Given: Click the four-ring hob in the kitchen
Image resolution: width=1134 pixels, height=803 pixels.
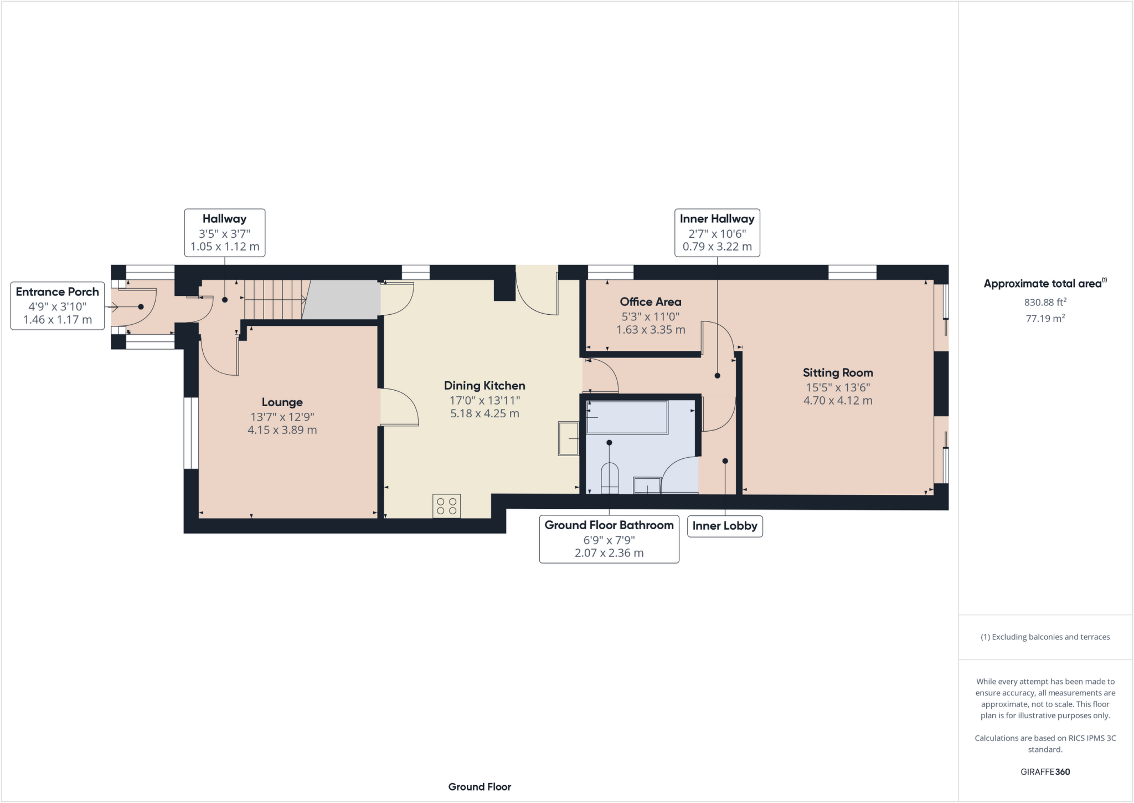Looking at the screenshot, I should [446, 506].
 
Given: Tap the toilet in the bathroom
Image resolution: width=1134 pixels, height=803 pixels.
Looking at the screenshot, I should [609, 478].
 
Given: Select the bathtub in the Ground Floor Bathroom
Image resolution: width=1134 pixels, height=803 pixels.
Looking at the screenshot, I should [627, 418].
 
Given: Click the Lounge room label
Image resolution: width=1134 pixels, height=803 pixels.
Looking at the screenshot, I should [282, 402].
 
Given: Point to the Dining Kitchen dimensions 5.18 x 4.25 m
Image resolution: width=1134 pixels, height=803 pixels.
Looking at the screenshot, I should [484, 413].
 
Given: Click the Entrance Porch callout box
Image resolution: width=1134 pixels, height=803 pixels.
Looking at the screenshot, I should [58, 305].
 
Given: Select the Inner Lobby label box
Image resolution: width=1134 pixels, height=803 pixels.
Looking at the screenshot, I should [724, 526].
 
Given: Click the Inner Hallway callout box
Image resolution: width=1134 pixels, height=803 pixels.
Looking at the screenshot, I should [717, 232].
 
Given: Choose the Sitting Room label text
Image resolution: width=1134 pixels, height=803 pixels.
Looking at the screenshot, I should [837, 373].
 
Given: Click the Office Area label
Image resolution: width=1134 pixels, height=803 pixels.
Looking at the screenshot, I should [650, 302].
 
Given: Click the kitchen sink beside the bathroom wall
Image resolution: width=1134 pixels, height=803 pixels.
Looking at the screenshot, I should [568, 438].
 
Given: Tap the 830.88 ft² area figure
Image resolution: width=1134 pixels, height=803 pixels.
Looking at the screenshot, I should [1044, 302].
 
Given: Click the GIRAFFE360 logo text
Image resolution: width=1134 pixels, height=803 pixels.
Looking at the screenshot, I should [1045, 771].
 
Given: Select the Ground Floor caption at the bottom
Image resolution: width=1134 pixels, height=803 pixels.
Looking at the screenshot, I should [480, 786].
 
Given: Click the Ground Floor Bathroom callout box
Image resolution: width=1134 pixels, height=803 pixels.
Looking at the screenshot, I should [609, 539].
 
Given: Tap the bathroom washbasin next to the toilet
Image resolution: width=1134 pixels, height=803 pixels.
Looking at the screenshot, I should [647, 485].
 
